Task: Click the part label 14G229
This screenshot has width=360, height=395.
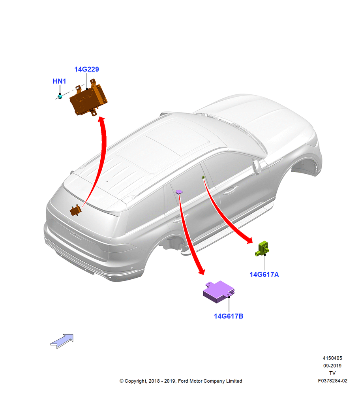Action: pyautogui.click(x=86, y=69)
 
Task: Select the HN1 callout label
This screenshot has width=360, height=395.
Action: pyautogui.click(x=59, y=81)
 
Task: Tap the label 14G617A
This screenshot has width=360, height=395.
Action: pyautogui.click(x=264, y=275)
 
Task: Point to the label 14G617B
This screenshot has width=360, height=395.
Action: pyautogui.click(x=229, y=316)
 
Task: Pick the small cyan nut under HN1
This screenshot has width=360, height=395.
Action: pyautogui.click(x=60, y=96)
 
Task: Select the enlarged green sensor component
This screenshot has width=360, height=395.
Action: pyautogui.click(x=262, y=248)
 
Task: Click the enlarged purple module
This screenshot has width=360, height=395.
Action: pyautogui.click(x=219, y=292)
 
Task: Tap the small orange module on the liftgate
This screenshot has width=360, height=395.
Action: pyautogui.click(x=75, y=211)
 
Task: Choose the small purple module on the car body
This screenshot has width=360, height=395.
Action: pyautogui.click(x=179, y=192)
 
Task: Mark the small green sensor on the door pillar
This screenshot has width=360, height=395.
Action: pyautogui.click(x=203, y=177)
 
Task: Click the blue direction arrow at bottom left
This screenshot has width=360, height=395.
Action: pyautogui.click(x=62, y=341)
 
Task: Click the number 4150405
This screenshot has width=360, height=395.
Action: pyautogui.click(x=332, y=358)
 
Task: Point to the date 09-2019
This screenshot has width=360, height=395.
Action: pyautogui.click(x=332, y=365)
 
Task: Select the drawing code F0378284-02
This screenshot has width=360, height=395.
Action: pyautogui.click(x=332, y=381)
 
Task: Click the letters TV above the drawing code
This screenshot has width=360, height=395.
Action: pyautogui.click(x=332, y=373)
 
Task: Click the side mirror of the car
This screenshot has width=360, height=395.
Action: pyautogui.click(x=257, y=167)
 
